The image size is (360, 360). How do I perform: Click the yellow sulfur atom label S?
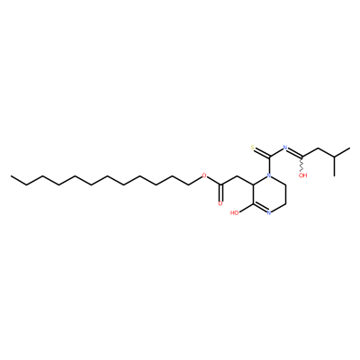[x=253, y=148]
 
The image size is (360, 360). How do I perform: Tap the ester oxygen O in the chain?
[x=204, y=175]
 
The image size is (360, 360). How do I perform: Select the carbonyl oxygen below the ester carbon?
[x=220, y=203]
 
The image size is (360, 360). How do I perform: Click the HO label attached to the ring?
[x=235, y=213]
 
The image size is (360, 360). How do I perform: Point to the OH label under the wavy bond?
[x=303, y=175]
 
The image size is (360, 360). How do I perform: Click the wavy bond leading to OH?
[x=302, y=164]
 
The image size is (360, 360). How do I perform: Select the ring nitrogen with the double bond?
[x=269, y=213]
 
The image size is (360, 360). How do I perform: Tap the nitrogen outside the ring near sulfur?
[x=285, y=148]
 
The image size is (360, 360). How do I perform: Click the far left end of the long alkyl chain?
[x=11, y=175]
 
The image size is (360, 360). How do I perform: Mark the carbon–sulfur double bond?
[x=261, y=152]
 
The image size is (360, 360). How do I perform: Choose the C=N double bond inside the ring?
[x=260, y=208]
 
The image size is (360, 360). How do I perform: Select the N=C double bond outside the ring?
[x=294, y=152]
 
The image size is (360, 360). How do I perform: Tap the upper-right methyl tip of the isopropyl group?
[x=349, y=148]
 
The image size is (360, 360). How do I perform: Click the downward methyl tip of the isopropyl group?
[x=334, y=175]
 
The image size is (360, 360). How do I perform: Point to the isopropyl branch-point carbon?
[x=334, y=157]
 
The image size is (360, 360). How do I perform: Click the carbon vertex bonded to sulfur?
[x=269, y=157]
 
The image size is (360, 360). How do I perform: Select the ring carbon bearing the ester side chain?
[x=254, y=184]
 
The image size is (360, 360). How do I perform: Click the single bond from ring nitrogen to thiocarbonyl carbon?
[x=269, y=165]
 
